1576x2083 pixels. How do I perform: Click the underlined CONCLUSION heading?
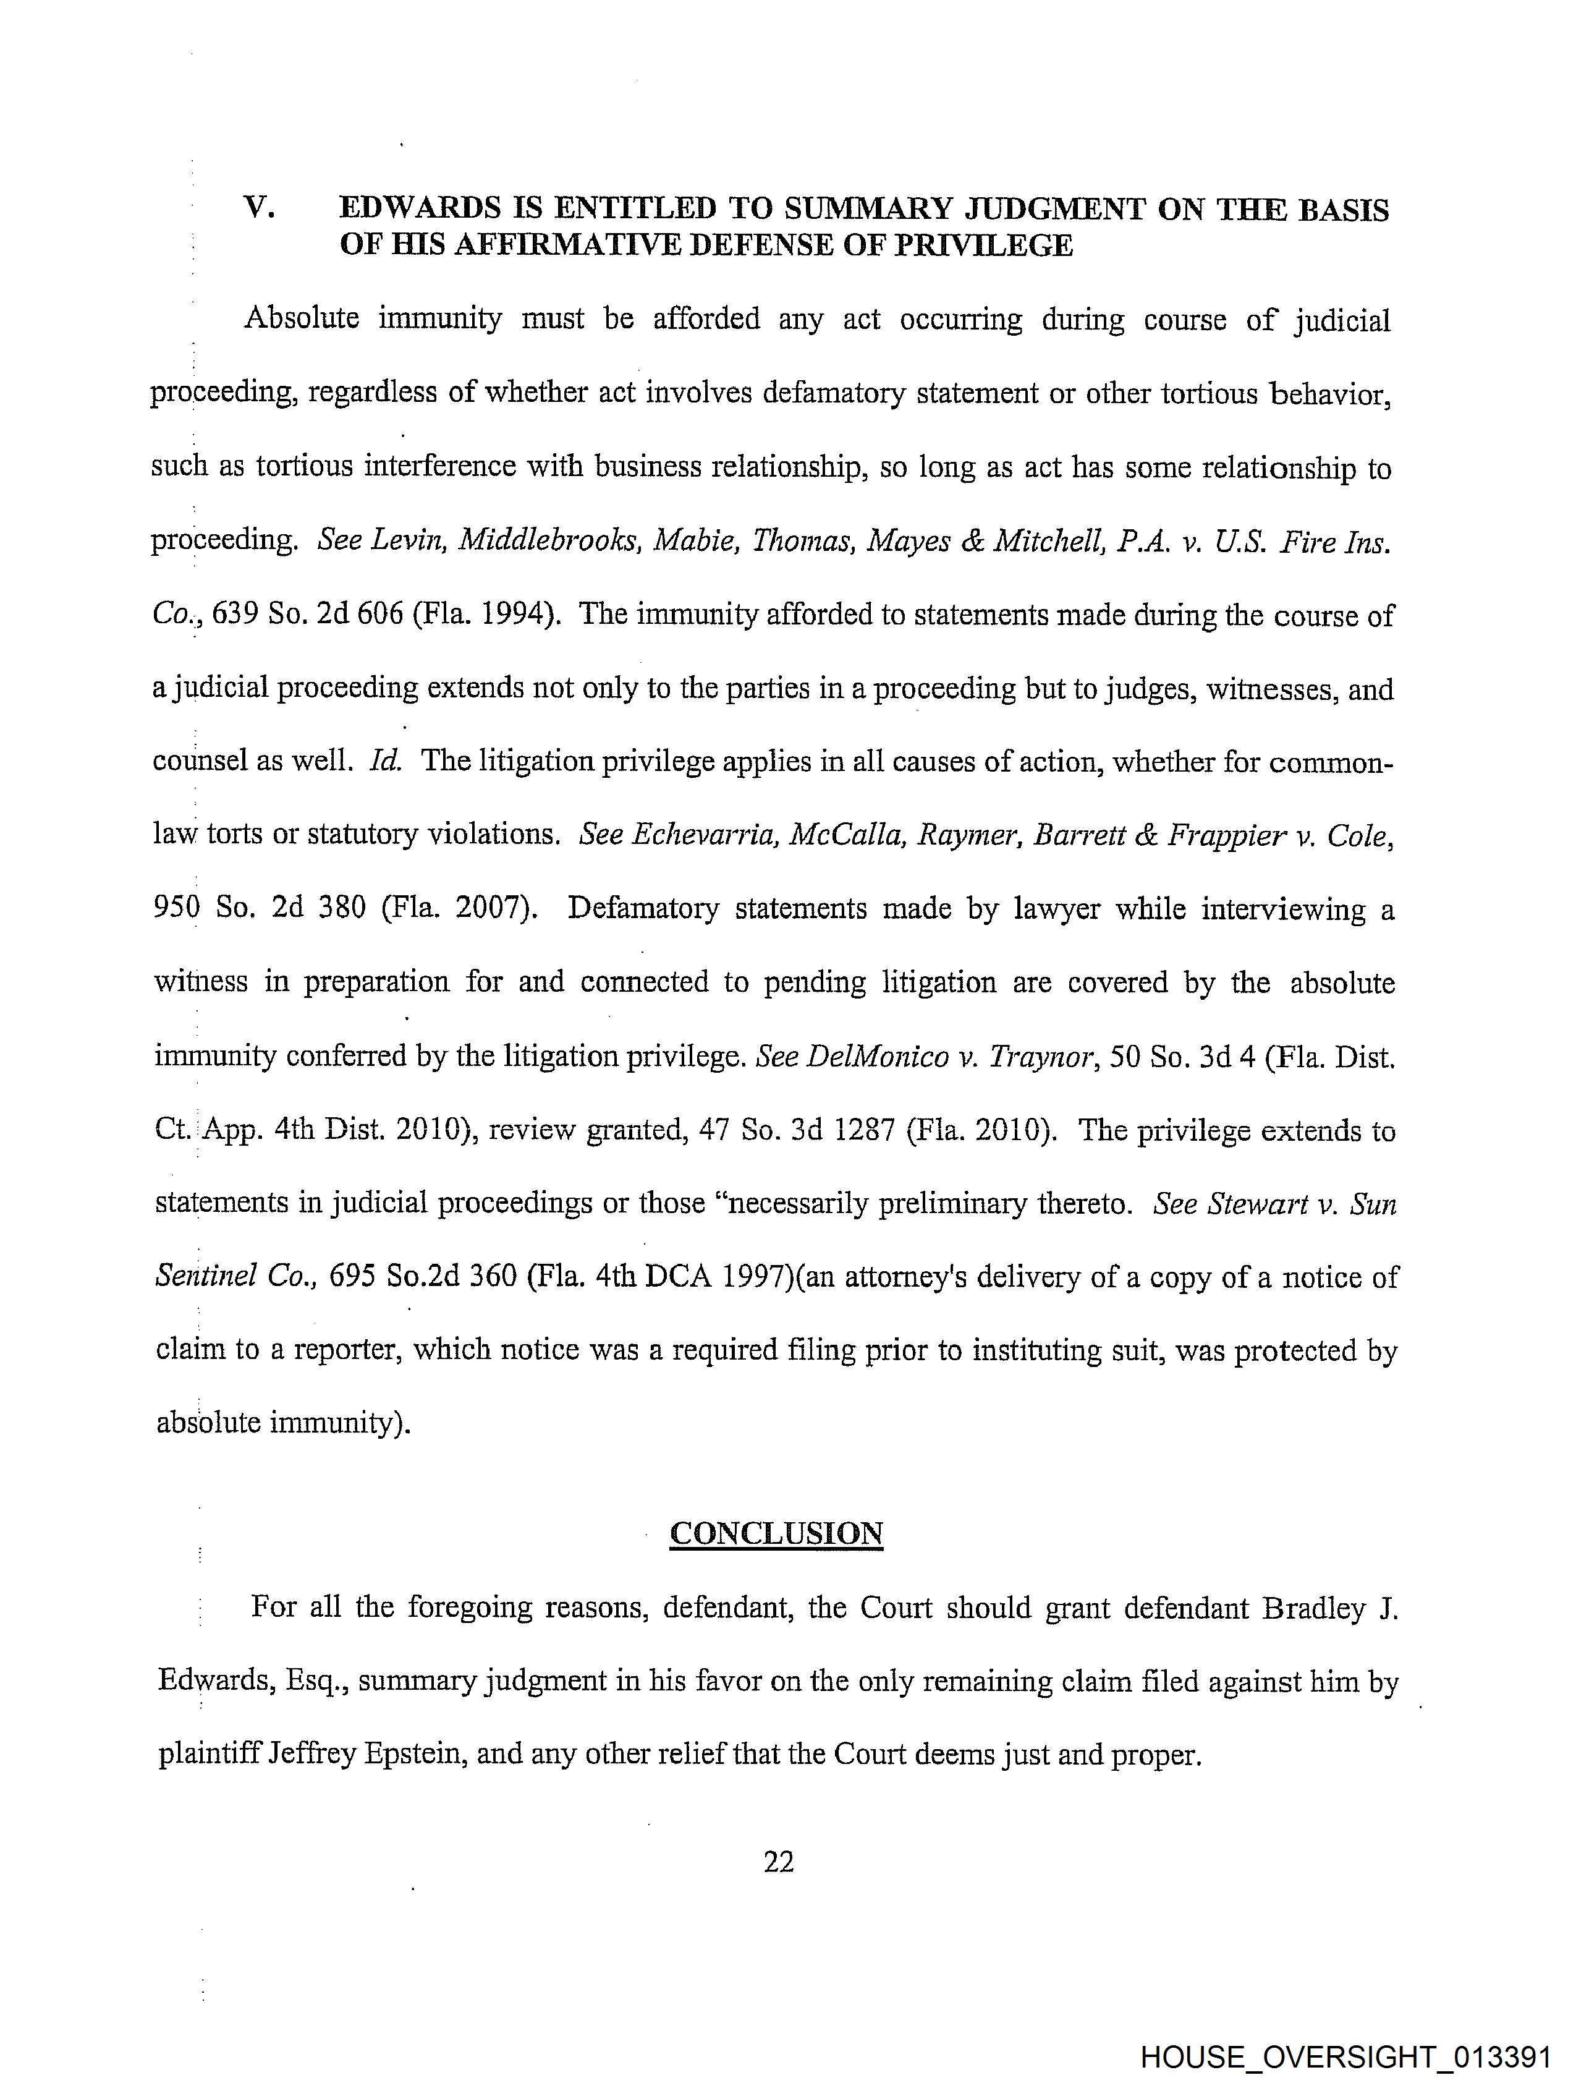click(776, 1534)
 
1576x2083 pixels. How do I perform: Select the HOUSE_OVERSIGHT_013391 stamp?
click(1345, 2058)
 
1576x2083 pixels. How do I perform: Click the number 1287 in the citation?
click(858, 1130)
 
